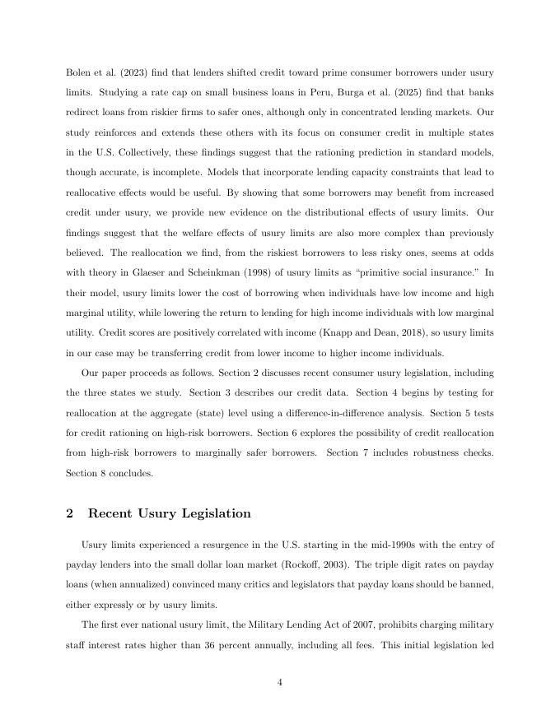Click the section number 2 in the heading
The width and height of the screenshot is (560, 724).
point(70,513)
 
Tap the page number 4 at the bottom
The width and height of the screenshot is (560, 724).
point(280,681)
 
